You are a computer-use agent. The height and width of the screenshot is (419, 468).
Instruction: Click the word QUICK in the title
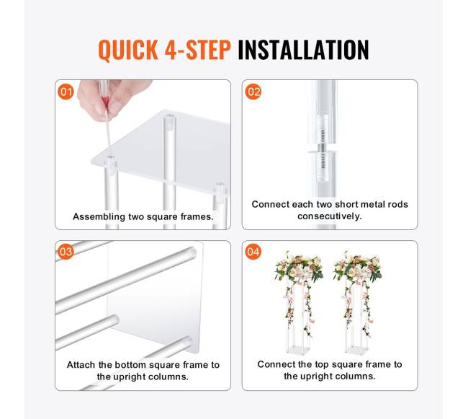coord(128,50)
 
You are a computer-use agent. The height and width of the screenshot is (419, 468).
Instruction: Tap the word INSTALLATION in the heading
coord(303,50)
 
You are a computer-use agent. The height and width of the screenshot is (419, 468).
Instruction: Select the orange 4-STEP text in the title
coord(197,50)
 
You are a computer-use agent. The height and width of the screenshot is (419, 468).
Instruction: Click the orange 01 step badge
coord(66,92)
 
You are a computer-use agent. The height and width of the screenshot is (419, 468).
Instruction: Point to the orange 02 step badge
coord(253,92)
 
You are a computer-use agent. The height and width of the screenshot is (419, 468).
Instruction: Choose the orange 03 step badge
coord(66,252)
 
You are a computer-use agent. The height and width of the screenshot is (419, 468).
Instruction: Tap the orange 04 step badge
coord(253,252)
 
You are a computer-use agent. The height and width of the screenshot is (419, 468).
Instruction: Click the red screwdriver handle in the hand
coord(104,99)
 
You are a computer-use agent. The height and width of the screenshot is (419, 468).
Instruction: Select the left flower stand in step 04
coord(299,303)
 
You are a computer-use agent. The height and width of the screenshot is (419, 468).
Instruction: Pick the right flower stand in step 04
coord(358,303)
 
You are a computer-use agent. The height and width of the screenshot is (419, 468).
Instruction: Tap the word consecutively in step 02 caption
coord(330,216)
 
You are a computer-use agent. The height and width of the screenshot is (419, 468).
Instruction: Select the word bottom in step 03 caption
coord(131,365)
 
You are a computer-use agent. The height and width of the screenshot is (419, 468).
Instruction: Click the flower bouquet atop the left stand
coord(299,267)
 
